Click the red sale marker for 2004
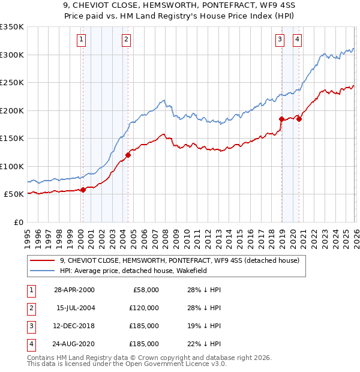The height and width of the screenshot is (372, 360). (x=128, y=155)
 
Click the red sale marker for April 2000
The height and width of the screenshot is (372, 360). (x=83, y=190)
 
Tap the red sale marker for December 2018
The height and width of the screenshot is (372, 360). (x=281, y=119)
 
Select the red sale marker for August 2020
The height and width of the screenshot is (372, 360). (x=299, y=119)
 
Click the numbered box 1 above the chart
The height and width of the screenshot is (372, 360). (x=81, y=40)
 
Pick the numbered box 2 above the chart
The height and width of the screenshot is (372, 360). (x=127, y=40)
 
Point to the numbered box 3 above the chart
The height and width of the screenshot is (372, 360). (x=280, y=40)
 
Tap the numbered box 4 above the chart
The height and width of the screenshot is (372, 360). (x=297, y=40)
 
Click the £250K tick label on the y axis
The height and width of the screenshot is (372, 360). (x=12, y=82)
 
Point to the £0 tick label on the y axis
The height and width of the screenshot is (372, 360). (x=17, y=222)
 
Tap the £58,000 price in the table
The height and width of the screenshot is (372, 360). (x=145, y=290)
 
